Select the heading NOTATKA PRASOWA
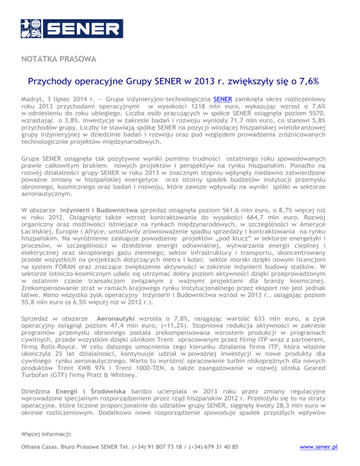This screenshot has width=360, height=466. click(59, 60)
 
